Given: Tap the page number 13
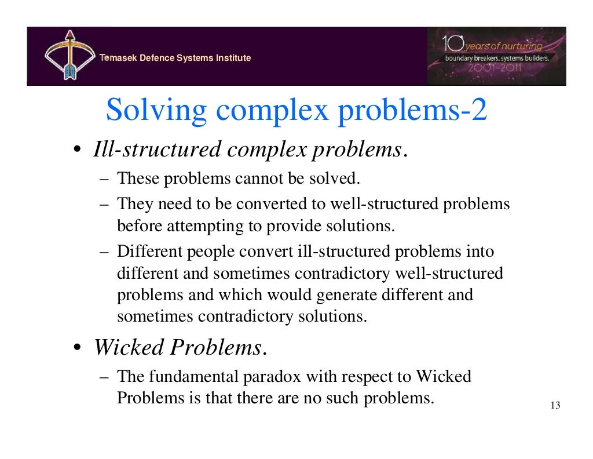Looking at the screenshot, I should pos(555,406).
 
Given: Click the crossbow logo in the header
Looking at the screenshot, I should pos(68,57).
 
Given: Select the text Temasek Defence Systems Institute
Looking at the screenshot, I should pos(175,58).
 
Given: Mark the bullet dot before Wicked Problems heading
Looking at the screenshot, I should pos(77,348).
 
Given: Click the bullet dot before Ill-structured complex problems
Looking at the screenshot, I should pos(77,151).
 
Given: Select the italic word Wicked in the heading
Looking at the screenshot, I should pos(129,348).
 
